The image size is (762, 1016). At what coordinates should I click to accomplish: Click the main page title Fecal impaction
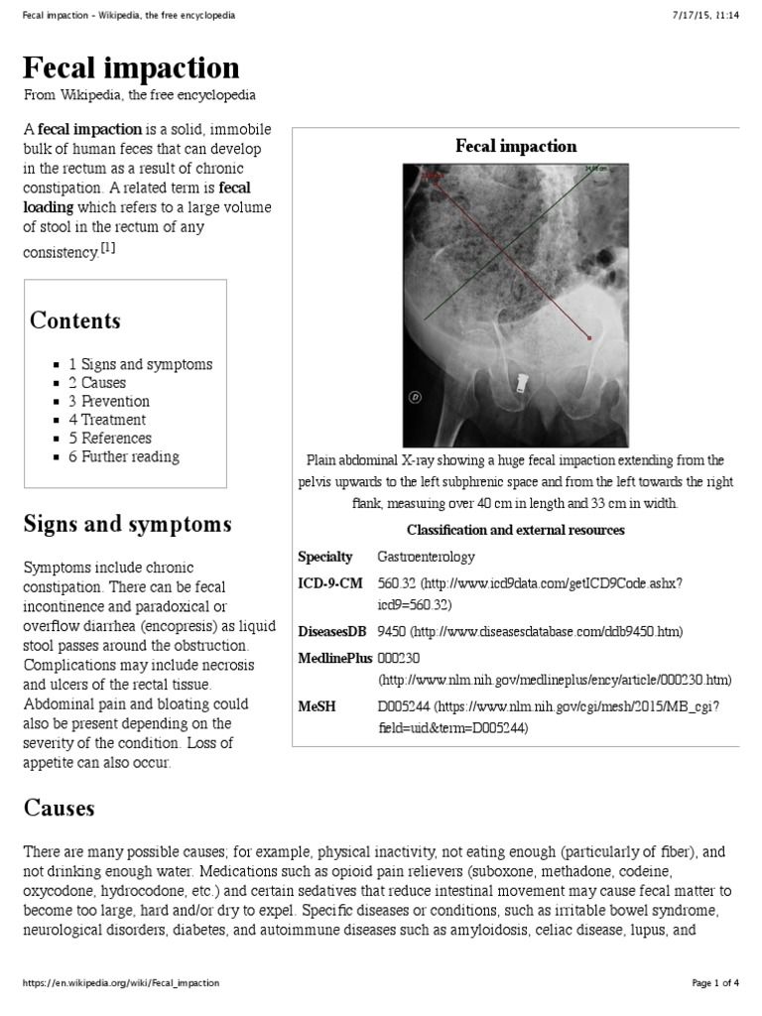tap(132, 67)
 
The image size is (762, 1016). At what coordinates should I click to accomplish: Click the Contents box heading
tap(75, 320)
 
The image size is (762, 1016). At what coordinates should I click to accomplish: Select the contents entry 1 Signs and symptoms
tap(140, 364)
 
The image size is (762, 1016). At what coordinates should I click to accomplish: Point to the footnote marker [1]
tap(107, 248)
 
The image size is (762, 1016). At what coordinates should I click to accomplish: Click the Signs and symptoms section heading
tap(127, 524)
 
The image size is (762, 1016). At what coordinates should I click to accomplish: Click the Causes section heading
tap(59, 808)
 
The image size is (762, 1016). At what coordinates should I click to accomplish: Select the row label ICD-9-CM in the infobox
tap(330, 583)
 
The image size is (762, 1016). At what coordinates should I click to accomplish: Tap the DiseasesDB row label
tap(333, 631)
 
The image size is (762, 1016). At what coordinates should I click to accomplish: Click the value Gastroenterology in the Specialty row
tap(426, 557)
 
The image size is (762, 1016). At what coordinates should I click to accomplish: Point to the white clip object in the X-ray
tap(521, 382)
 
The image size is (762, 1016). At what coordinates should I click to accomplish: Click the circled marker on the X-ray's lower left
tap(415, 396)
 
